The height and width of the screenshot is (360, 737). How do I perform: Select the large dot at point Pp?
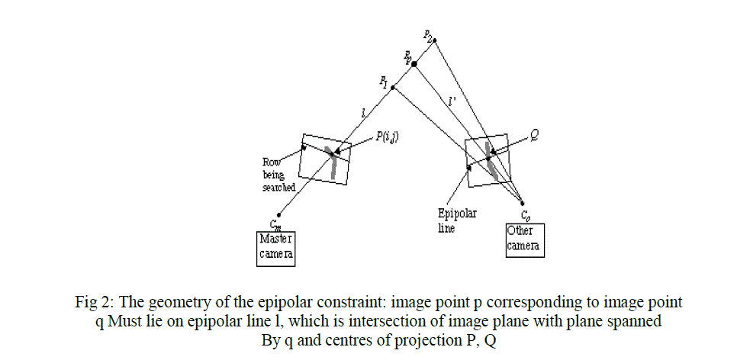pyautogui.click(x=414, y=64)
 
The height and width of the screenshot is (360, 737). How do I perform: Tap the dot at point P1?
pyautogui.click(x=392, y=88)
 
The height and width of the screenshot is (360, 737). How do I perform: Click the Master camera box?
pyautogui.click(x=275, y=248)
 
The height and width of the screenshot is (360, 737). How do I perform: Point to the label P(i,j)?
pyautogui.click(x=391, y=137)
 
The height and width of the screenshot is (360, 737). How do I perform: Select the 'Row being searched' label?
pyautogui.click(x=278, y=175)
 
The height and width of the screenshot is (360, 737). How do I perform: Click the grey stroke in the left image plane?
pyautogui.click(x=333, y=162)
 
